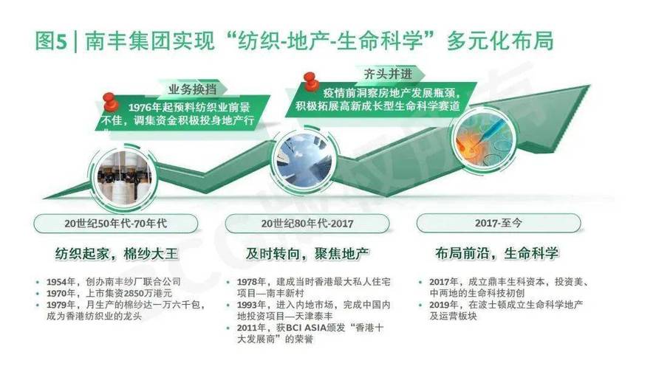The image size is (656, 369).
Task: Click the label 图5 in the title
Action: point(50,41)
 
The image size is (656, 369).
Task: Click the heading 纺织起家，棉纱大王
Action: point(117,254)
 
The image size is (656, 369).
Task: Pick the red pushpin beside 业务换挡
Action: point(111,100)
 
